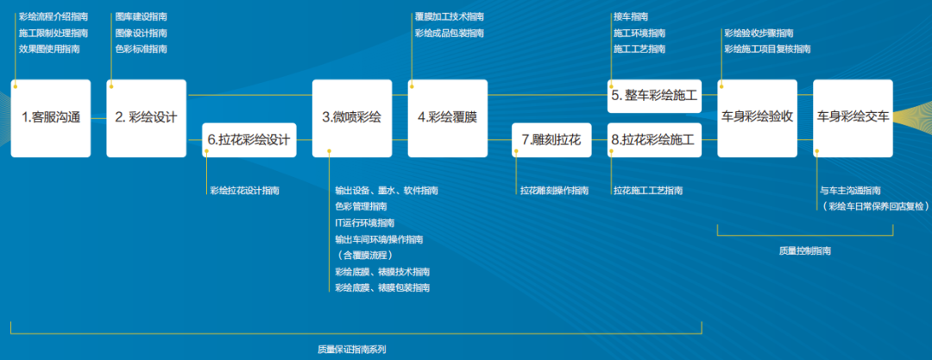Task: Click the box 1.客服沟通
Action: [x=51, y=118]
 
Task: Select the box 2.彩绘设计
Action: [x=146, y=118]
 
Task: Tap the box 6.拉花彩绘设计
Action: [x=249, y=140]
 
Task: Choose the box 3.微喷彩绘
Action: [x=352, y=118]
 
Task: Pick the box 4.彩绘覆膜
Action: [x=447, y=118]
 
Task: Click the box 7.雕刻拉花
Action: [x=552, y=140]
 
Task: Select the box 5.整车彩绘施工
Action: [x=653, y=96]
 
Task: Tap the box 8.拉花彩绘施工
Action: [x=653, y=140]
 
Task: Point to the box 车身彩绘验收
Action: [x=757, y=118]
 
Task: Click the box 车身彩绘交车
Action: [x=853, y=118]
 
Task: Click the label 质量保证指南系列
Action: [x=352, y=350]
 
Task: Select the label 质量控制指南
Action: [x=804, y=250]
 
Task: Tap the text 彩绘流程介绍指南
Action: [x=54, y=16]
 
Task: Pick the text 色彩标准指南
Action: [x=141, y=49]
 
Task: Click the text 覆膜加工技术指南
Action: [x=450, y=16]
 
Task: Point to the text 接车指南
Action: [x=631, y=16]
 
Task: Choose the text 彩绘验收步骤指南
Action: [x=759, y=33]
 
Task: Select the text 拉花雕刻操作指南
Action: [x=554, y=190]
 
